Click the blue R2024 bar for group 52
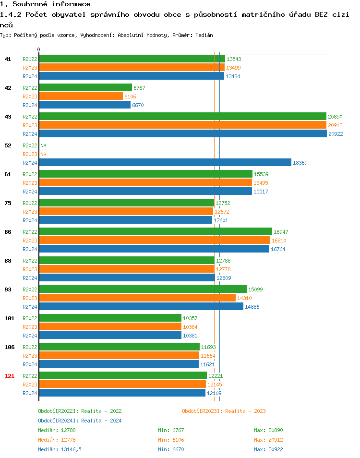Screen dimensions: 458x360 pos(165,163)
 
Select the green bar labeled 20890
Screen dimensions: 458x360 pos(182,117)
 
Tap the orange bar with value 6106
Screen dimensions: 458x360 pos(81,96)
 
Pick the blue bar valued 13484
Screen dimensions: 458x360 pos(132,76)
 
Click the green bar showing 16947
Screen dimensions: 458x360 pos(156,232)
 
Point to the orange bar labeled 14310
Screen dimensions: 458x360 pos(137,298)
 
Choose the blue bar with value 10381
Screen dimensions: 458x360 pos(110,336)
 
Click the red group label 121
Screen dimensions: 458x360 pos(9,376)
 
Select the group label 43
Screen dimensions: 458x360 pos(8,117)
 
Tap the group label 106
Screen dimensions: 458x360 pos(9,347)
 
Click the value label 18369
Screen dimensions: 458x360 pos(300,163)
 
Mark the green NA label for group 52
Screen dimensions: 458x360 pos(43,145)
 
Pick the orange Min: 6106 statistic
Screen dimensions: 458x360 pos(171,440)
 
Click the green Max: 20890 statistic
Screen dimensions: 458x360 pos(268,430)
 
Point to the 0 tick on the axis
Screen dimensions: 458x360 pos(38,49)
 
